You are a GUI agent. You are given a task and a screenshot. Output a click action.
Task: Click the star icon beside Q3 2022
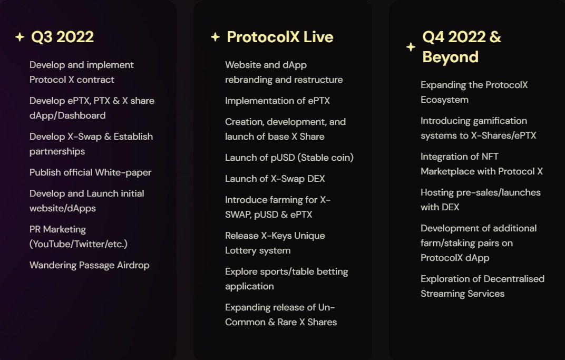(x=20, y=37)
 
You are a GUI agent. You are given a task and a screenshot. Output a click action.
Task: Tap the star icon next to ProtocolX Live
(x=215, y=37)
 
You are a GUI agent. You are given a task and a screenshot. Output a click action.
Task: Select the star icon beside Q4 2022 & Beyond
(x=411, y=47)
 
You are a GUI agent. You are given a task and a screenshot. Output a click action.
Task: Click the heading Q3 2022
(x=62, y=37)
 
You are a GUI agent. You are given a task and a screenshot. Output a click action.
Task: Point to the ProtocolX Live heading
(x=280, y=37)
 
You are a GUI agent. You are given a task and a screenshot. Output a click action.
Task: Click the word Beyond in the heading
(x=451, y=57)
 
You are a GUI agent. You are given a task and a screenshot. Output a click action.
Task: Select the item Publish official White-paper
(x=91, y=172)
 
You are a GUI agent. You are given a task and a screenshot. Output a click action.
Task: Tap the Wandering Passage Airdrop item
(x=90, y=265)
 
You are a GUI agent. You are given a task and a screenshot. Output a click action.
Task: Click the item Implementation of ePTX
(x=277, y=101)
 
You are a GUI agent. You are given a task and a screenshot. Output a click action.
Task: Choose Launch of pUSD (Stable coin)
(x=289, y=158)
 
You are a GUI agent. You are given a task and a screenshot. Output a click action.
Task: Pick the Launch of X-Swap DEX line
(x=275, y=179)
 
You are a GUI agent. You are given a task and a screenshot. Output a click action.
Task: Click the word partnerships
(x=57, y=152)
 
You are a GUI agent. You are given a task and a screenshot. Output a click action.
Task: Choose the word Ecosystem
(x=445, y=100)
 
